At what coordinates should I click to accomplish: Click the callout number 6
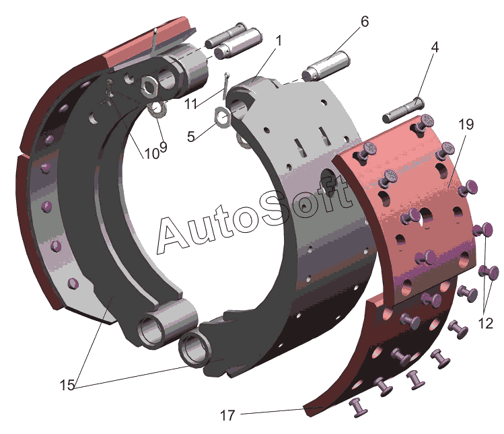point(365,22)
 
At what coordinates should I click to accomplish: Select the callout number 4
point(434,47)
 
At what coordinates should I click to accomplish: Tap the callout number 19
point(466,124)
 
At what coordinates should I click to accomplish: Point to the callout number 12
point(485,323)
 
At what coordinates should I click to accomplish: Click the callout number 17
point(227,415)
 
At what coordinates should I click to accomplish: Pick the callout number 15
point(67,385)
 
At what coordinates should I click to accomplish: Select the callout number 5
point(191,137)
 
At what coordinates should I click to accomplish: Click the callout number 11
point(190,104)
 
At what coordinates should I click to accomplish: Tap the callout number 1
point(279,41)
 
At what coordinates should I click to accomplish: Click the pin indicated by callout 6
point(326,66)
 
